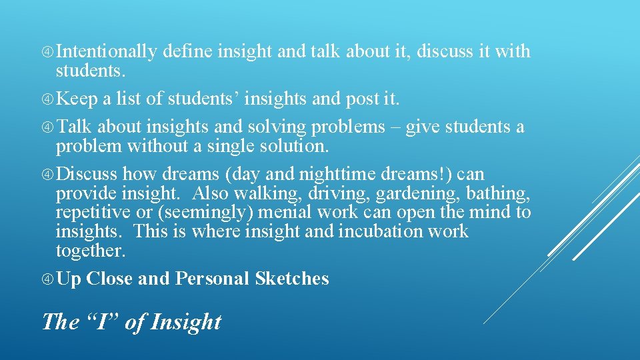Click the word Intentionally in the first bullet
[107, 51]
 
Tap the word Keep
[77, 99]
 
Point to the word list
[130, 99]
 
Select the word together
[90, 251]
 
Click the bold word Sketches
[292, 279]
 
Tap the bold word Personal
[212, 279]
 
